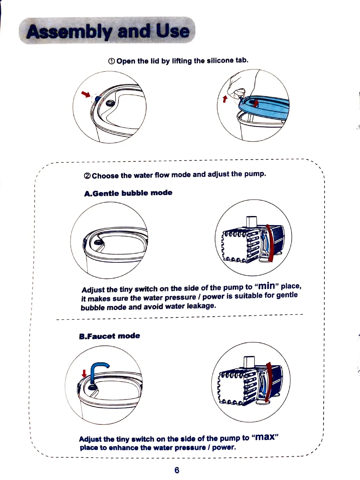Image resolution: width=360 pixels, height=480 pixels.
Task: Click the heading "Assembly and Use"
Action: pos(108,31)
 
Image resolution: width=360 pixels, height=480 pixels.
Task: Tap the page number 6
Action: pos(177,470)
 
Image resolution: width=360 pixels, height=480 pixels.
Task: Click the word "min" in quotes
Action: pos(267,286)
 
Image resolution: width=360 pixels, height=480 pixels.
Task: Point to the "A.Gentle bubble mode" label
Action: pos(128,193)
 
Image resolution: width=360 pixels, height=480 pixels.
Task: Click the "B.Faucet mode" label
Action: pos(109,336)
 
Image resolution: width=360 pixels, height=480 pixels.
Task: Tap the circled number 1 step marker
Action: pos(112,61)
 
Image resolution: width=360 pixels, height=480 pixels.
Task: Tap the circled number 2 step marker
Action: pos(87,176)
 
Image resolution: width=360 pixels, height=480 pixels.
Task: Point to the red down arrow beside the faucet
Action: pos(85,373)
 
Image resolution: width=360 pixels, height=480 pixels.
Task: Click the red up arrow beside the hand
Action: pos(225,99)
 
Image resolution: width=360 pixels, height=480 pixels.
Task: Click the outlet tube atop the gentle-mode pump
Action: pos(252,221)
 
